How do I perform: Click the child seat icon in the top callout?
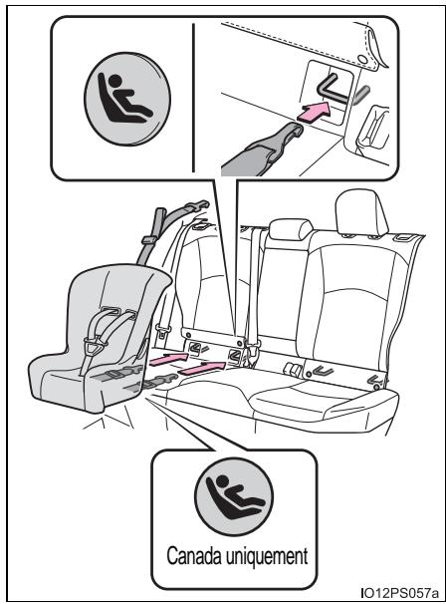[127, 99]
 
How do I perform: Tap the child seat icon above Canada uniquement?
[234, 496]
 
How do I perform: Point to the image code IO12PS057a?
[400, 592]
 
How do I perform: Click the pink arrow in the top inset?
[315, 112]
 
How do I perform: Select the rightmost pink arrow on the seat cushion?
[202, 368]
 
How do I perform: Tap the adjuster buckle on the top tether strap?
[148, 240]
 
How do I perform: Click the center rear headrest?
[291, 229]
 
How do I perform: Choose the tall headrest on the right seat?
[360, 211]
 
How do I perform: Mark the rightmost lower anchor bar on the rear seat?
[374, 381]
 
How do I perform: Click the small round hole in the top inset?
[362, 59]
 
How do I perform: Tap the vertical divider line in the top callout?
[193, 98]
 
